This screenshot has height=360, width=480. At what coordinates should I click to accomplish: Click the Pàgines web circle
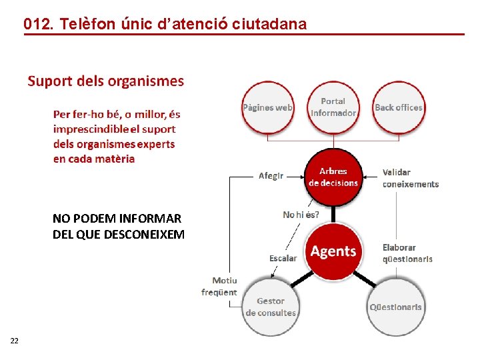[x=267, y=107]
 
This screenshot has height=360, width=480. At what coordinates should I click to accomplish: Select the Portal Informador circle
[x=333, y=107]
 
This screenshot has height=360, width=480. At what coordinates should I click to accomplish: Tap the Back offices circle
[x=398, y=107]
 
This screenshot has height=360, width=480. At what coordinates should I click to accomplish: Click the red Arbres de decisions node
[x=333, y=177]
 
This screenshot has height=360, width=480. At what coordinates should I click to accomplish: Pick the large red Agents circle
[x=333, y=251]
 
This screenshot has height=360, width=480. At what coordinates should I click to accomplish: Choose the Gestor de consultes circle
[x=270, y=307]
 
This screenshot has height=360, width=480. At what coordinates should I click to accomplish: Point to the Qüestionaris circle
[x=396, y=307]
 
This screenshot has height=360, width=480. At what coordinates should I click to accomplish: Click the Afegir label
[x=271, y=176]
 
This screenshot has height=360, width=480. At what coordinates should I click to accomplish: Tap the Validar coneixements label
[x=410, y=178]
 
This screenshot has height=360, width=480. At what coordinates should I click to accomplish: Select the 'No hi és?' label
[x=301, y=215]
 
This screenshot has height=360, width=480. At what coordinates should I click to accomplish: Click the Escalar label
[x=283, y=258]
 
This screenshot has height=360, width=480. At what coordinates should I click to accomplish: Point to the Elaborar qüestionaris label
[x=407, y=253]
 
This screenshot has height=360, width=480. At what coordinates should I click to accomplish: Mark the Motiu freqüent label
[x=220, y=287]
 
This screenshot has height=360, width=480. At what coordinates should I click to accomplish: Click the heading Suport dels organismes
[x=105, y=81]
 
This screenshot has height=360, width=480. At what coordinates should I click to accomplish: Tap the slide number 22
[x=15, y=341]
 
